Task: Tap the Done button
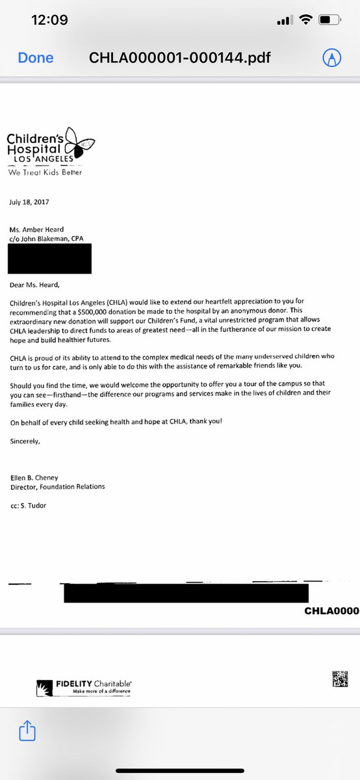pos(36,58)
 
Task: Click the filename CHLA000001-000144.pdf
pos(181,58)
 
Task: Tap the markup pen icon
pos(332,58)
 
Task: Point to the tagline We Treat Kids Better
pos(45,173)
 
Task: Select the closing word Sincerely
pos(25,441)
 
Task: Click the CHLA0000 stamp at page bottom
pos(331,612)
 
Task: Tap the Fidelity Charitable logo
pos(84,686)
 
